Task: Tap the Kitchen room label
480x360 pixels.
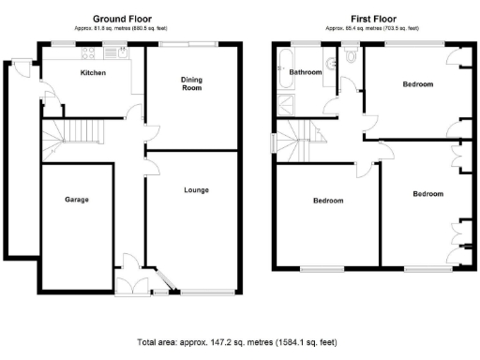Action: point(92,73)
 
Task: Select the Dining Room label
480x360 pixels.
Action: point(191,84)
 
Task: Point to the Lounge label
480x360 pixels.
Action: point(196,190)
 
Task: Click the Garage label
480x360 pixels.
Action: point(76,200)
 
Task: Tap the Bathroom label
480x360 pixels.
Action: point(305,72)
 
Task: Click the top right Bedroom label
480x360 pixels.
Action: point(418,84)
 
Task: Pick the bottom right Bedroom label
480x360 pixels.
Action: point(427,194)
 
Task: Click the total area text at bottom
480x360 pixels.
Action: point(236,342)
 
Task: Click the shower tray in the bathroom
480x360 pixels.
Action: point(282,104)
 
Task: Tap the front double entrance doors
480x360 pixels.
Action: point(138,290)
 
